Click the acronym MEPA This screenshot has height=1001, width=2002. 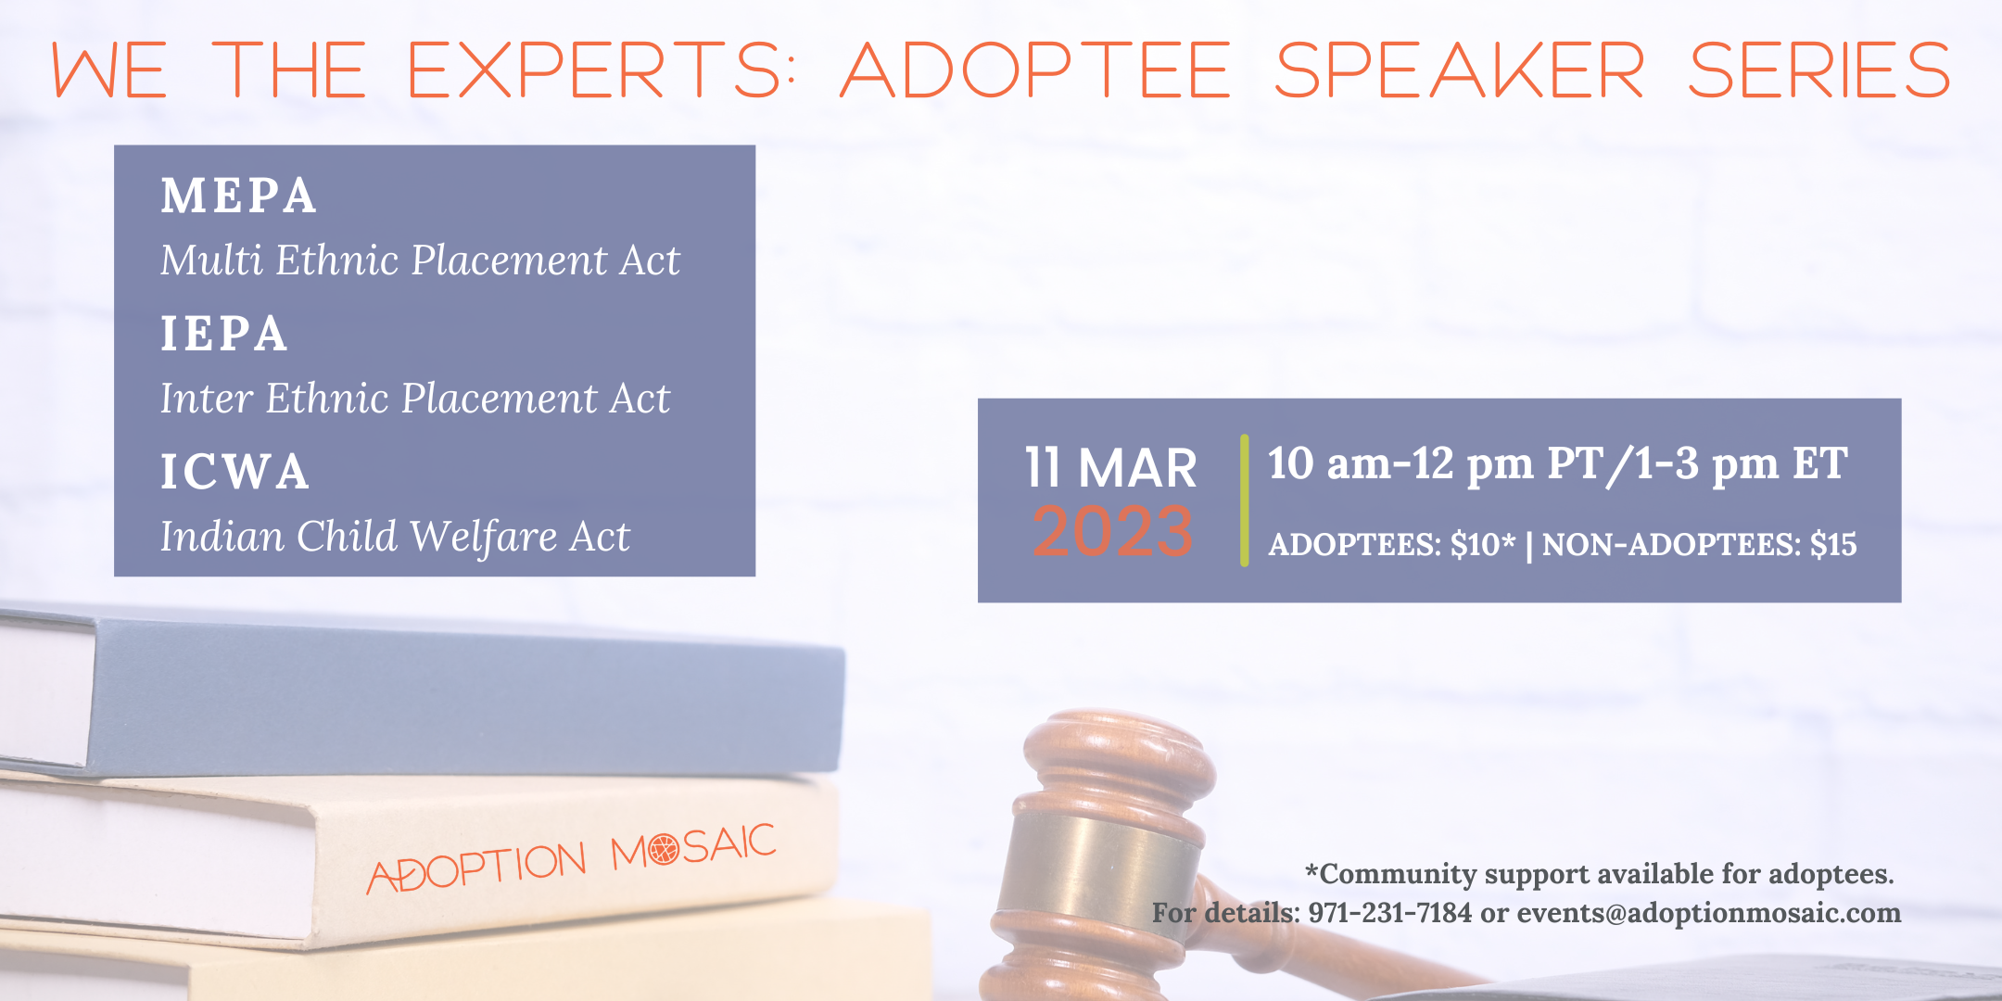point(238,196)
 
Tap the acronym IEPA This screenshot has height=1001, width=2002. point(223,334)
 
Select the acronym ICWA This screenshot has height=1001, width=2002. point(234,472)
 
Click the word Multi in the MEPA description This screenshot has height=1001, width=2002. point(212,260)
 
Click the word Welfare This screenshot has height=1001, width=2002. point(483,538)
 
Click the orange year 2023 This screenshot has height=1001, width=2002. point(1112,532)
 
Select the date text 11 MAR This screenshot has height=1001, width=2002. point(1110,467)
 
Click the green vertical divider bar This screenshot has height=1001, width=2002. point(1244,500)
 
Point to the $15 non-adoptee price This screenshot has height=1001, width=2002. point(1833,544)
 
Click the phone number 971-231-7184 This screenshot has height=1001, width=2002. point(1389,913)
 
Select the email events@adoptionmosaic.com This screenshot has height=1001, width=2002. point(1708,913)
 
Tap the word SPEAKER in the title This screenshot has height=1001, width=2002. point(1460,70)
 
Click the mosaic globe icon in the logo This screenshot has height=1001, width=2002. point(664,848)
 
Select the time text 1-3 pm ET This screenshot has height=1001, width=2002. point(1742,464)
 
